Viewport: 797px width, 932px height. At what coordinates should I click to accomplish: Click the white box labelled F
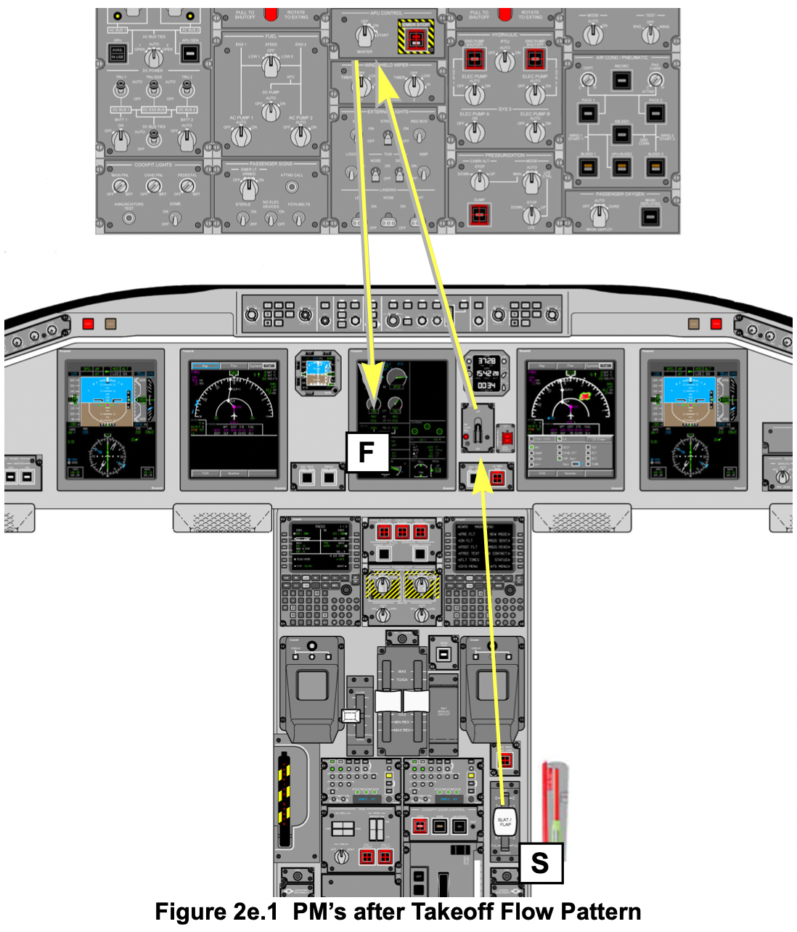367,451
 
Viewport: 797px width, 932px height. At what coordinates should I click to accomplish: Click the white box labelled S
540,862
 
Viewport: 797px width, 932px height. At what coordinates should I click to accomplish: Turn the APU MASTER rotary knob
365,33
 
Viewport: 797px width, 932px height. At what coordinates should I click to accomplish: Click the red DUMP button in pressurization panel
478,214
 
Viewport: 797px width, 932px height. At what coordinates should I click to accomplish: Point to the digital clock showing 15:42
486,373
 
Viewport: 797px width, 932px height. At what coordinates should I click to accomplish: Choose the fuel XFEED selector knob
270,65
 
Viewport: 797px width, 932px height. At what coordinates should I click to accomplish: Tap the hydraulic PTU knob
504,61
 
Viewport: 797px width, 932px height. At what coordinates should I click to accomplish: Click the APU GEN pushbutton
189,53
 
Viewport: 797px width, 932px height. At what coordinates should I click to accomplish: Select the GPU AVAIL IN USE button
117,53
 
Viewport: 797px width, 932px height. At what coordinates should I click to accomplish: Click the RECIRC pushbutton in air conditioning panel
621,80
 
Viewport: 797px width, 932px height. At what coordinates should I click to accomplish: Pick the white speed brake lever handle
351,716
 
